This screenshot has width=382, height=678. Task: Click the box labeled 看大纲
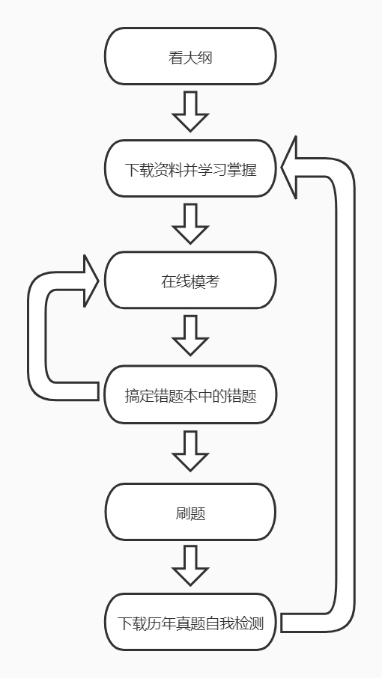coord(190,56)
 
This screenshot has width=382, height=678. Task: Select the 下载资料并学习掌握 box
coord(190,168)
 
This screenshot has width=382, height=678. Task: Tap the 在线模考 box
coord(190,280)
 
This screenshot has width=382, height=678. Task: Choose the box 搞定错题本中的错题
coord(190,394)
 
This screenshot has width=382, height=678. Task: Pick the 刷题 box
coord(190,512)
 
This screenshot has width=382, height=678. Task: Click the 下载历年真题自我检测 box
coord(190,622)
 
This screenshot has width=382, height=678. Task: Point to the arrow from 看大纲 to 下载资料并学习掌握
coord(190,112)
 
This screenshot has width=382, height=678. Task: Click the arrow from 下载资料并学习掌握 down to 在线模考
coord(190,224)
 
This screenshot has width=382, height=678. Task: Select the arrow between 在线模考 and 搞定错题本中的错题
coord(190,335)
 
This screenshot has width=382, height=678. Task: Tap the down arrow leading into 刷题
coord(190,451)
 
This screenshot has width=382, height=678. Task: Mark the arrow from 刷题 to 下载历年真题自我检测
coord(190,566)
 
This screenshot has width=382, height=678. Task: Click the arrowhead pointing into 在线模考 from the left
coord(91,281)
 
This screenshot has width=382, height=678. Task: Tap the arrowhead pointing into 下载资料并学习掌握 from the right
coord(289,168)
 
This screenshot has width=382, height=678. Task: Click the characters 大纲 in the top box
coord(198,58)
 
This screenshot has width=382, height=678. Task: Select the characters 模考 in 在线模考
coord(205,281)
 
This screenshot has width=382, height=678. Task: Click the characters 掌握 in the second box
coord(242,169)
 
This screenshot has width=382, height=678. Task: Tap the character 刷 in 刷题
coord(183,513)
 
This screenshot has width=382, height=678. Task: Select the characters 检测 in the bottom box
coord(249,623)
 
